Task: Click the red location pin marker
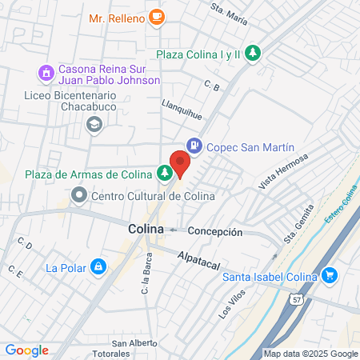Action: (180, 163)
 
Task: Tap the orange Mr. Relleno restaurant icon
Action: (157, 15)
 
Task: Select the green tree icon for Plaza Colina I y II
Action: (253, 53)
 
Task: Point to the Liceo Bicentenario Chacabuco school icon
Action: (94, 123)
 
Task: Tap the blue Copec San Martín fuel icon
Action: (193, 146)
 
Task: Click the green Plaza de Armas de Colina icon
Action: (164, 171)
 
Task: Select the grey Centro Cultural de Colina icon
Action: (78, 194)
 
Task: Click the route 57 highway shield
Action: (296, 298)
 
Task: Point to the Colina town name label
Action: (146, 229)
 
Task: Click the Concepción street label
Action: (215, 231)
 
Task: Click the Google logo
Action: (27, 350)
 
